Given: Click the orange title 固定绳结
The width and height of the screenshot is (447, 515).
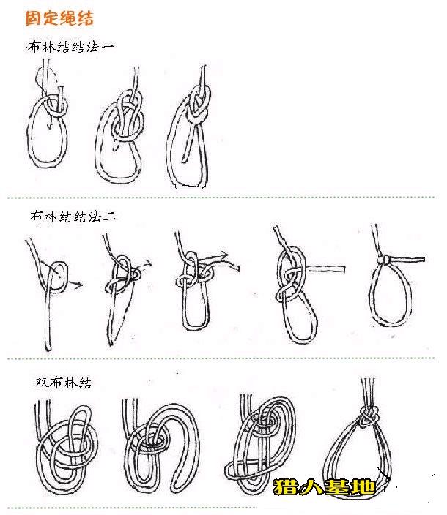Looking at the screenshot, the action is click(59, 18).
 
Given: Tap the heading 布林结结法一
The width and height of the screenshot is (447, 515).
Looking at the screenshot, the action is click(71, 47).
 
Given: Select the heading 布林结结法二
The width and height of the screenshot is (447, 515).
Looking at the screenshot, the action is click(73, 217).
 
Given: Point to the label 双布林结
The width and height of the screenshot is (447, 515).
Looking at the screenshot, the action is click(63, 383).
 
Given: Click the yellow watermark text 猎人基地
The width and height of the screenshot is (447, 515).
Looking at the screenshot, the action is click(325, 486).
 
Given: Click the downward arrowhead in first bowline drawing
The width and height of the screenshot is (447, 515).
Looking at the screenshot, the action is click(49, 126).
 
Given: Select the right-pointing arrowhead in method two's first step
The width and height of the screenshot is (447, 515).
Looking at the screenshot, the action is click(79, 284).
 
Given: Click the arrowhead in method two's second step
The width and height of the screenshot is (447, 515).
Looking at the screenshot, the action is click(149, 263).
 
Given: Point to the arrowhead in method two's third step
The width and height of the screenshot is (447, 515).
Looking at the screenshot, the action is click(224, 255).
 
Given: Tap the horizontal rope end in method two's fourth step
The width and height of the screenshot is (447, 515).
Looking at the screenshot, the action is click(325, 270).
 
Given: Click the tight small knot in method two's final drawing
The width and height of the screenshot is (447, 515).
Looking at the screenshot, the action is click(383, 260).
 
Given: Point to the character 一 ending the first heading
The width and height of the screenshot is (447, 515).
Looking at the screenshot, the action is click(108, 47).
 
